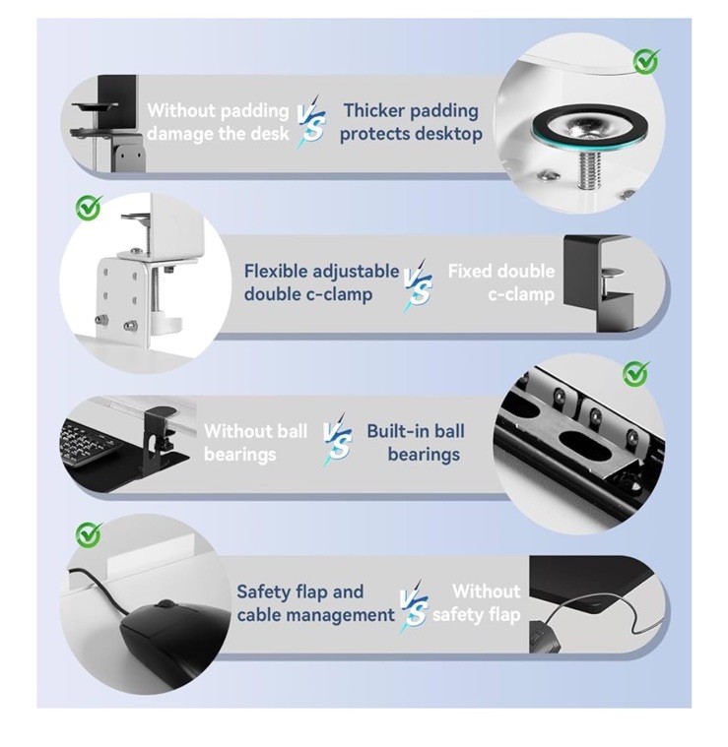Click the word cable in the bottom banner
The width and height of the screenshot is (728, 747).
pos(261,614)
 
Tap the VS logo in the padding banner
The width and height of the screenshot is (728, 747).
pos(311,121)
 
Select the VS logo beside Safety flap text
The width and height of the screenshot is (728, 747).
pos(414,606)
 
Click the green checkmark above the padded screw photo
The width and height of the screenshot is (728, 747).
pos(646,61)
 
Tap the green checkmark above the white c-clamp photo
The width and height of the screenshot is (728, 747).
pos(89,209)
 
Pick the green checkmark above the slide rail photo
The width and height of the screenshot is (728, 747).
pos(636,374)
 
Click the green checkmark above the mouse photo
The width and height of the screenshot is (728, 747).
pos(89,535)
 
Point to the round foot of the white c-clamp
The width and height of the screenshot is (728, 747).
pos(168,323)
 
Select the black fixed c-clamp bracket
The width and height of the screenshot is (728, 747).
pos(598,282)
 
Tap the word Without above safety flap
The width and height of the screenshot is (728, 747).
pos(487,591)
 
